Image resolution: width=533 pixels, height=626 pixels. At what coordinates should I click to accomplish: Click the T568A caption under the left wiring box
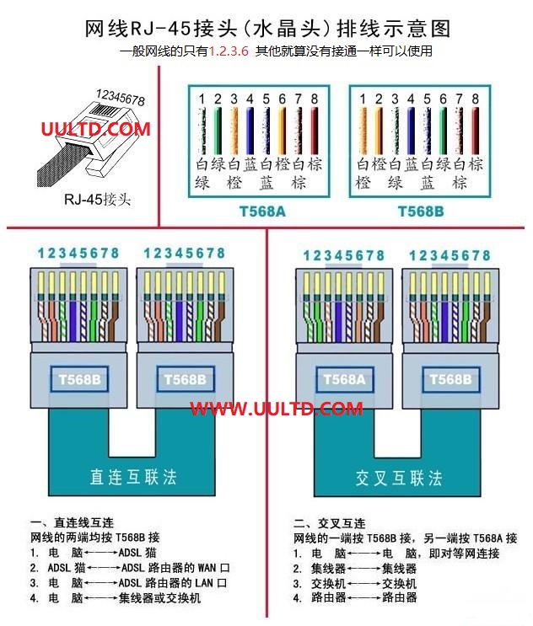coord(262,211)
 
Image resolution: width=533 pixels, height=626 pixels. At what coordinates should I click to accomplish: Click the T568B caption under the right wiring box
coord(421,211)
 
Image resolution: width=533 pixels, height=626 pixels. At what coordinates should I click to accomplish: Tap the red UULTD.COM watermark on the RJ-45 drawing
coord(96,129)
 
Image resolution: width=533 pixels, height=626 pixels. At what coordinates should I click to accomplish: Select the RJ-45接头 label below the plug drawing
coord(98,199)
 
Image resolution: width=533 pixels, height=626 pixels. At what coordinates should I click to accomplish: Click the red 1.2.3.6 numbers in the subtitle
coord(229,51)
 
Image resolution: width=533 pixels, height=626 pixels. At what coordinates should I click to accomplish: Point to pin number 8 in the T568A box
coord(315,99)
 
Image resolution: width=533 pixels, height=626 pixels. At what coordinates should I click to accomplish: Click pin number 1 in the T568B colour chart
coord(363,99)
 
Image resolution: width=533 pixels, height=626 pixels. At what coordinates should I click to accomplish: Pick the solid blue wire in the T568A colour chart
coord(250,131)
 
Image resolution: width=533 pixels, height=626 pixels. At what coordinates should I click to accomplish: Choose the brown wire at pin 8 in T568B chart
coord(475,131)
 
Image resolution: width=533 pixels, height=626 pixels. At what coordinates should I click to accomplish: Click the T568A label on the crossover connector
coord(344,379)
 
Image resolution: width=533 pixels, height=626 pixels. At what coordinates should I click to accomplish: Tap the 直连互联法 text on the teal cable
coord(133,477)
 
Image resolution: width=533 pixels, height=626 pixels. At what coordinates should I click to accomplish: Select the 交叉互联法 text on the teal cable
coord(399,478)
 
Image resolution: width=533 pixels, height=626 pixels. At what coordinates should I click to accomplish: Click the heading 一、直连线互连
coord(72,522)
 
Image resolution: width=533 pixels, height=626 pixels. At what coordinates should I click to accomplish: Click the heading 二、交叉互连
coord(330,523)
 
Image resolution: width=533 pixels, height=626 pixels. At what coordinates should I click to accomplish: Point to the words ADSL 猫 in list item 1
coord(137,553)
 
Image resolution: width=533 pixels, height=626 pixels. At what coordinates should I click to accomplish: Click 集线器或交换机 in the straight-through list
coord(159,598)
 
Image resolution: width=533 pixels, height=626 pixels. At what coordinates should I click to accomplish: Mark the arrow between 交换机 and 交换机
coord(363,583)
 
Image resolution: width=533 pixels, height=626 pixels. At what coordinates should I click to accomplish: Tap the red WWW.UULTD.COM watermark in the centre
coord(277,409)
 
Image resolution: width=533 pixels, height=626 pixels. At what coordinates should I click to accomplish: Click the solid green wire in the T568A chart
coord(218,131)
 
